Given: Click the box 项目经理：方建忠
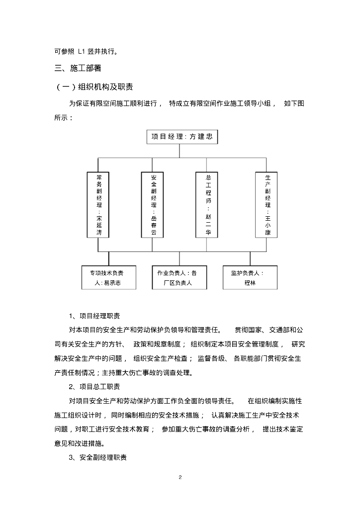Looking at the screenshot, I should [x=182, y=137].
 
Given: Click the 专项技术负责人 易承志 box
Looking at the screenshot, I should [x=109, y=278].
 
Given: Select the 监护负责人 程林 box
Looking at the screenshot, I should [x=249, y=278].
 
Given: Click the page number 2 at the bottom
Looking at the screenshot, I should [x=180, y=477].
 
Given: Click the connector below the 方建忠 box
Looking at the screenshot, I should [x=182, y=151].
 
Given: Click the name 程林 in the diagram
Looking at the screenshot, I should [x=249, y=283].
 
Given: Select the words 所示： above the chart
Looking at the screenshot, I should [x=63, y=118].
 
